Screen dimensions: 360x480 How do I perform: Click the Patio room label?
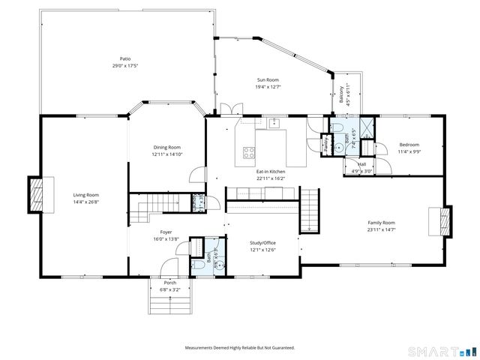124,58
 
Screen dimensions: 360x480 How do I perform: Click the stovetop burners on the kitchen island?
247,154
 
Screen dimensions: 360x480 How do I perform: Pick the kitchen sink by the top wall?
274,121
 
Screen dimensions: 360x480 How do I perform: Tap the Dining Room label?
166,147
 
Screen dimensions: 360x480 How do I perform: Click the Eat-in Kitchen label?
271,172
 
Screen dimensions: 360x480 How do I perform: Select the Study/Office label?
263,242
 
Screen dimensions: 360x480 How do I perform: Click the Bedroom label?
409,145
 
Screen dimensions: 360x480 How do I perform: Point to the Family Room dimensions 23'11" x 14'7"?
381,229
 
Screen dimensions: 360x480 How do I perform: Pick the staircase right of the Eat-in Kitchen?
309,210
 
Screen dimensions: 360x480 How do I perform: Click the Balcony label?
340,98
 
